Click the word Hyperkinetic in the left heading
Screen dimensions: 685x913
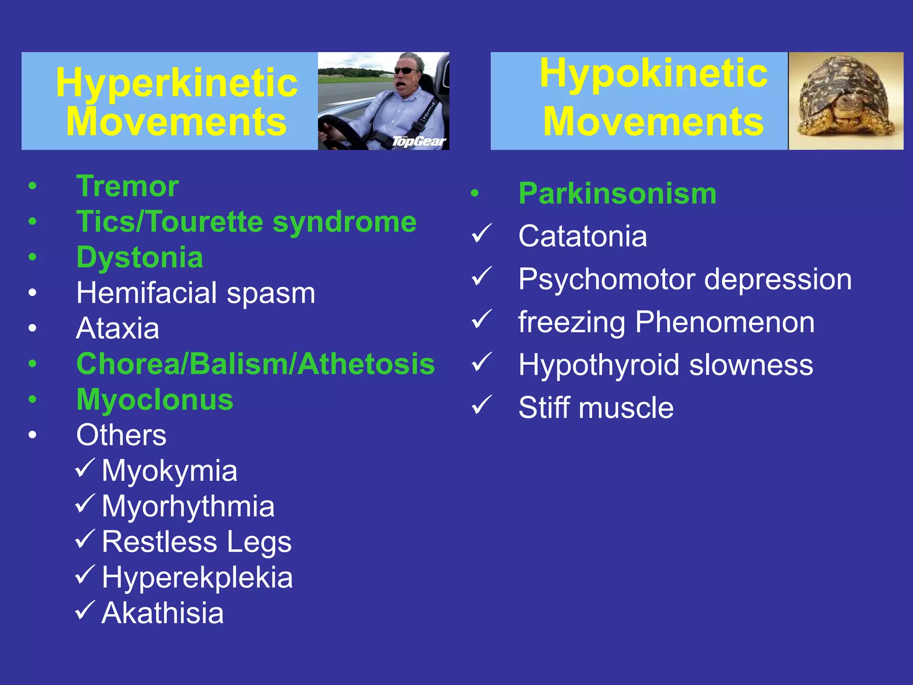tap(177, 83)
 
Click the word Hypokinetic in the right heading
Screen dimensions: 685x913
tap(653, 74)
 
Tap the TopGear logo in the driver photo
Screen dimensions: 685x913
tap(419, 141)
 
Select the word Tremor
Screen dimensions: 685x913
tap(127, 186)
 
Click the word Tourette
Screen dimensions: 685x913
tap(205, 222)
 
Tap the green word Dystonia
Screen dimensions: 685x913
tap(140, 257)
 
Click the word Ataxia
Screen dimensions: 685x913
tap(118, 329)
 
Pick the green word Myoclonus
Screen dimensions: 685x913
tap(155, 400)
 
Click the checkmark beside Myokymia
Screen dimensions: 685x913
tap(85, 468)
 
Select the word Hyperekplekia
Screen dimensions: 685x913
tap(197, 578)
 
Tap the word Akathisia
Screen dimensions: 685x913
tap(162, 613)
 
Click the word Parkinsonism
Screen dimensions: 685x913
tap(617, 194)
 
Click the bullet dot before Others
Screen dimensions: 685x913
tap(33, 435)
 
